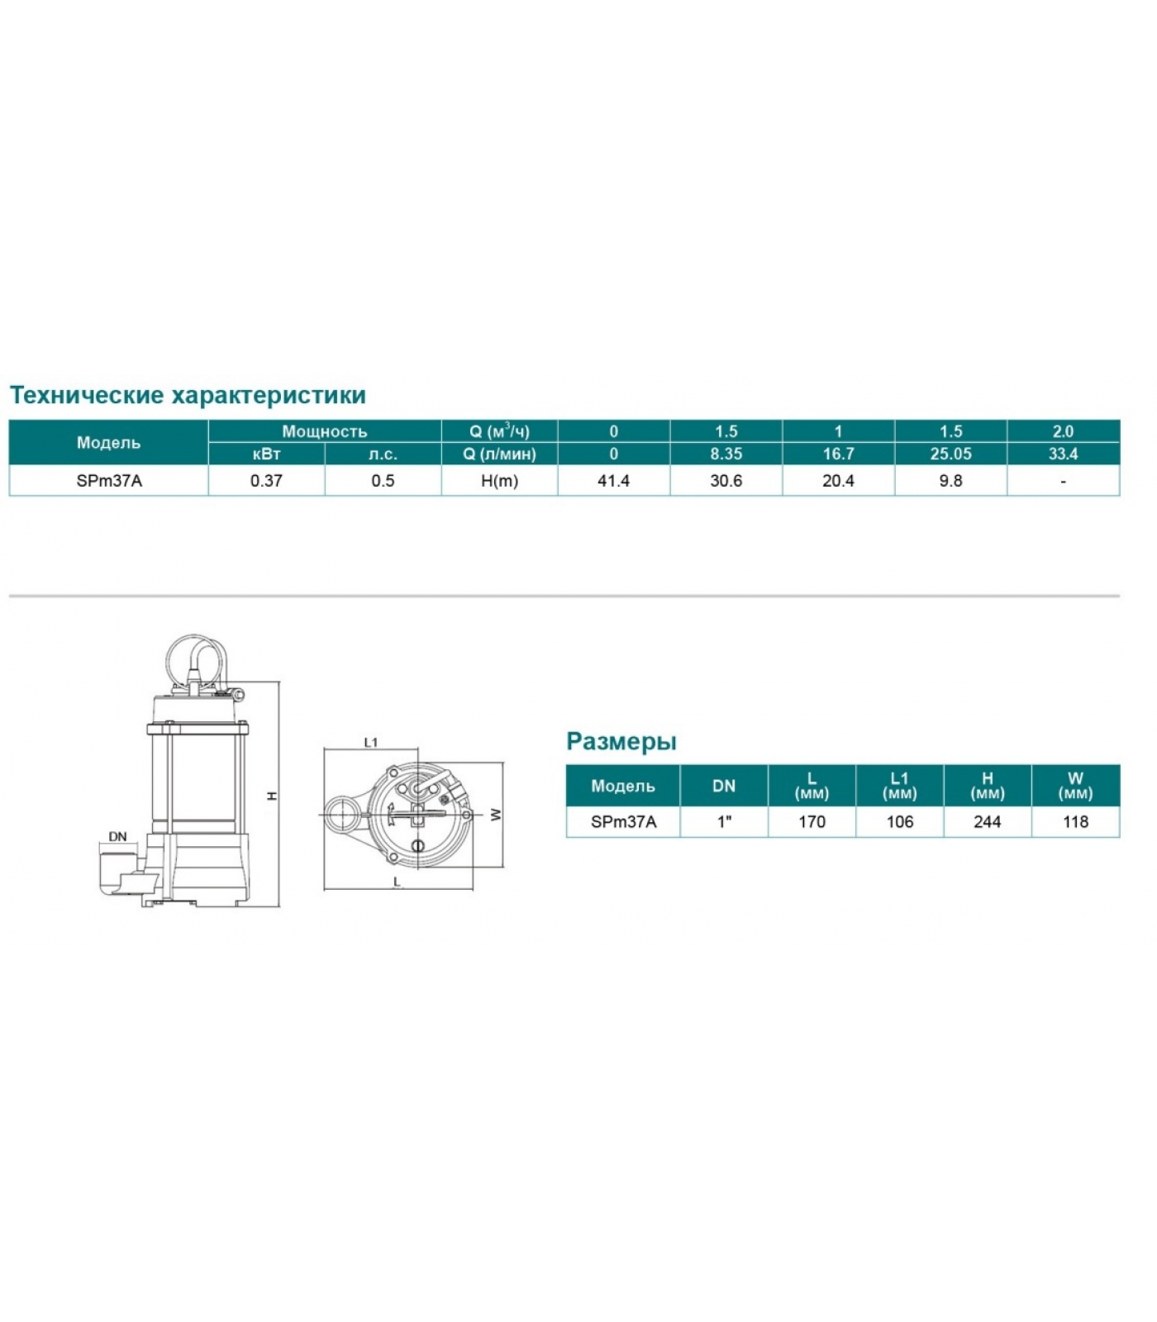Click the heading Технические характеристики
click(x=188, y=395)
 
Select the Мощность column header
click(x=325, y=431)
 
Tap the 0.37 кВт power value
click(x=266, y=481)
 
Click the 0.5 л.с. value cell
click(x=383, y=481)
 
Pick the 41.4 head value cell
click(x=613, y=481)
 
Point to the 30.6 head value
click(x=726, y=481)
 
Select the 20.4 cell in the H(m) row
click(x=838, y=481)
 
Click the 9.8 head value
click(x=950, y=481)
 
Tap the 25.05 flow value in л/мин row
click(x=950, y=454)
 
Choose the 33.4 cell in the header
click(x=1063, y=454)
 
